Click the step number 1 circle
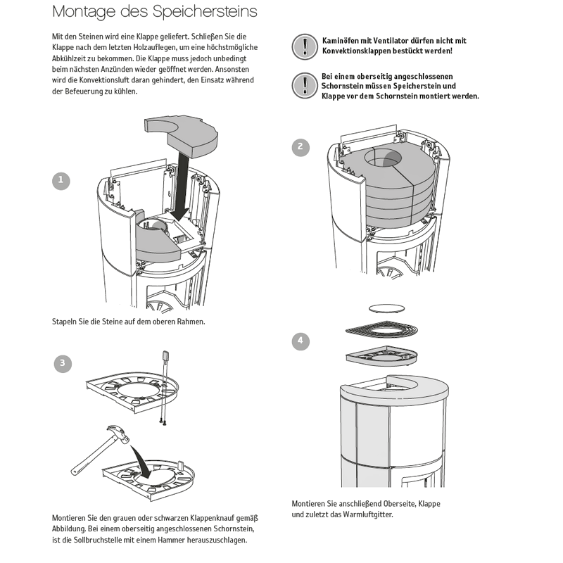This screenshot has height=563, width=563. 61,180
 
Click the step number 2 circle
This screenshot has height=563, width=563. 301,147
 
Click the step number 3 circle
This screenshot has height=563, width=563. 63,363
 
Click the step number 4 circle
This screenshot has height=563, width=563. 301,341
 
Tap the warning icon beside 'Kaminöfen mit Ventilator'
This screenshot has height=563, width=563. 304,46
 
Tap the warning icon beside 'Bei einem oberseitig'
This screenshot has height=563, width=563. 304,86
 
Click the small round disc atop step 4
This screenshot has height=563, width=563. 388,308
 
